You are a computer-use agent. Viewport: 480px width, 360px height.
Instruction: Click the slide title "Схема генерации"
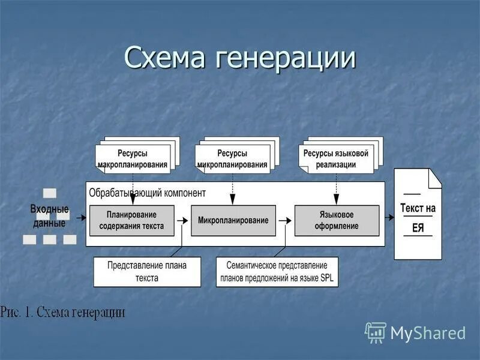coord(240,58)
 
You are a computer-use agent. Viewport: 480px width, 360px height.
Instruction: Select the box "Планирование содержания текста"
coord(131,220)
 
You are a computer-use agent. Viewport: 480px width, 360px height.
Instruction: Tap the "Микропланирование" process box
coord(233,220)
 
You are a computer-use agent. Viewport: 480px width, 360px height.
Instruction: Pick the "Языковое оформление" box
coord(337,220)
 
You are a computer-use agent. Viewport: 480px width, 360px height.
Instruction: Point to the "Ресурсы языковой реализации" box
coord(336,158)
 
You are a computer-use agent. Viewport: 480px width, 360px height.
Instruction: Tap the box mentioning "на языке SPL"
coord(277,271)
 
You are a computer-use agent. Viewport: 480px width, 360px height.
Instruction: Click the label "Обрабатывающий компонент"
coord(147,193)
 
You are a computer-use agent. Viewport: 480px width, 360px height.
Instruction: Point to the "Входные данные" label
coord(49,215)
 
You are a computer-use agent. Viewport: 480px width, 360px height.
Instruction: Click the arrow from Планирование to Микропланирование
coord(182,221)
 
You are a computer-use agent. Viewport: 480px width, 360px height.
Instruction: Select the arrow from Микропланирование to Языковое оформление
coord(285,221)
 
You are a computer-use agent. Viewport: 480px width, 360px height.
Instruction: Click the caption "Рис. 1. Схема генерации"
coord(63,312)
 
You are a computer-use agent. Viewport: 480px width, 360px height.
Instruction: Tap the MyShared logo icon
coord(376,332)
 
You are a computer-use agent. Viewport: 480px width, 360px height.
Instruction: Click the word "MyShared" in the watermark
coord(428,333)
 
